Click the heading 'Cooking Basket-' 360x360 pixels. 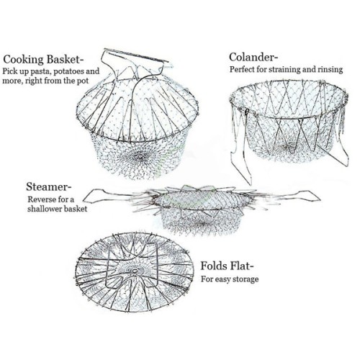point(45,60)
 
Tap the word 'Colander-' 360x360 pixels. point(253,58)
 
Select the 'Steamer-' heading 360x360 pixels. point(49,186)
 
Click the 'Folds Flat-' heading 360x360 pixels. point(227,266)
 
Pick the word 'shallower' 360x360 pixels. point(43,209)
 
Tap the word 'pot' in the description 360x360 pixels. point(83,81)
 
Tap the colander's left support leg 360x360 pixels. point(240,153)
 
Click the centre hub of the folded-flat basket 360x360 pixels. point(135,271)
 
